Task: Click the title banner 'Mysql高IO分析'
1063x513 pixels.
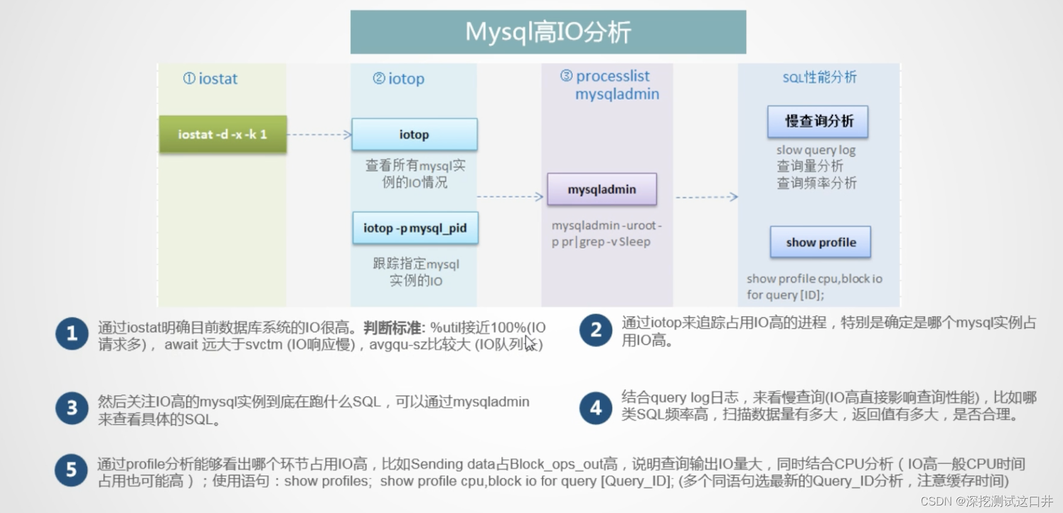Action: (548, 32)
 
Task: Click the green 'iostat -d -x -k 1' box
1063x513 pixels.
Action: (223, 134)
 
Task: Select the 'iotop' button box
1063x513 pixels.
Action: (414, 134)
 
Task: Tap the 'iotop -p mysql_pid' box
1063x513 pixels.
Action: (415, 228)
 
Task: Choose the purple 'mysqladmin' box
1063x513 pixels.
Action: (602, 189)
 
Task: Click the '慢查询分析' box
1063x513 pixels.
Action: (818, 121)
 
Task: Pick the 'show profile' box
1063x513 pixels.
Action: (820, 242)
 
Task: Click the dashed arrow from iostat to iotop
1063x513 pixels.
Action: (319, 134)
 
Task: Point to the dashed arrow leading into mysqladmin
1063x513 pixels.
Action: (510, 197)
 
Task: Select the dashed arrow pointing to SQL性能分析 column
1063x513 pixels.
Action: (706, 197)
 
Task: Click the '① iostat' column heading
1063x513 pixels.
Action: (210, 78)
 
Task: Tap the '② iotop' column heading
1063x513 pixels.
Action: (398, 78)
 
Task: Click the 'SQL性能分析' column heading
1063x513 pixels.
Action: (819, 77)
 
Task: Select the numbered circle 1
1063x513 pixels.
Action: (72, 334)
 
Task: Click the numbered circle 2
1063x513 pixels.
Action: (596, 331)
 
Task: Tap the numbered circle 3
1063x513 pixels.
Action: (72, 408)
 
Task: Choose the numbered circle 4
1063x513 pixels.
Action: (596, 408)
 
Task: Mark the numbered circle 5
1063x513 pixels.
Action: (72, 470)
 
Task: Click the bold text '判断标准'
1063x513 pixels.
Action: (392, 327)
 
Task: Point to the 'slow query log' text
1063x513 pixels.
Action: (816, 150)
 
